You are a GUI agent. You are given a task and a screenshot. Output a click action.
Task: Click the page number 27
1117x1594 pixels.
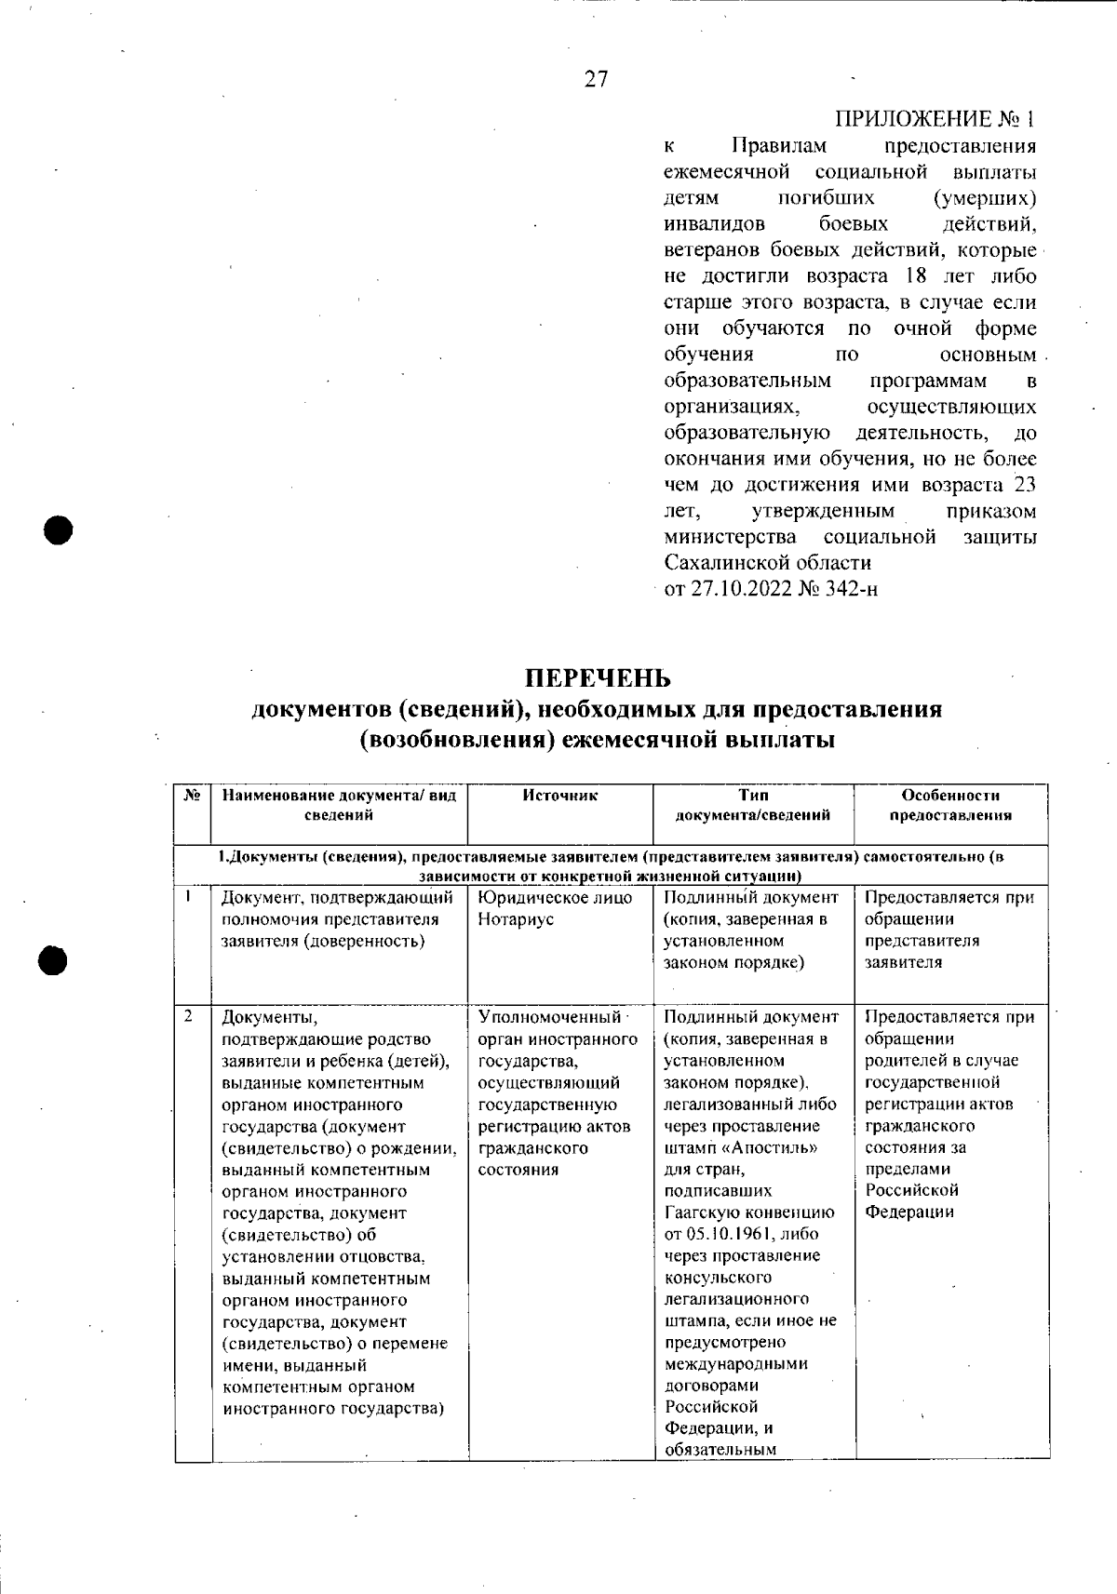click(596, 80)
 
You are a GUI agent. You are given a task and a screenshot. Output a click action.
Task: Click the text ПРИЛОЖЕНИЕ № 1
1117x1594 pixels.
click(935, 119)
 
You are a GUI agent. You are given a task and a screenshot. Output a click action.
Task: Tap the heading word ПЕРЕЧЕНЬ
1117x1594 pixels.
click(597, 676)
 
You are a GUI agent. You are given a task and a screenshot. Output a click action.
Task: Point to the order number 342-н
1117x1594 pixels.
click(850, 589)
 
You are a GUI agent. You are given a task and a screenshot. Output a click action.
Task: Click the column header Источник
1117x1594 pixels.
click(559, 796)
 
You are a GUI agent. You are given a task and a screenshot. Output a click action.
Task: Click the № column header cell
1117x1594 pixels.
click(193, 796)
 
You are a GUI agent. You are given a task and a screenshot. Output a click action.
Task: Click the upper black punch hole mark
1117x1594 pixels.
click(59, 530)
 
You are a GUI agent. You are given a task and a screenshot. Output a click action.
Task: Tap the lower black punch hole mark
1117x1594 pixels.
click(55, 960)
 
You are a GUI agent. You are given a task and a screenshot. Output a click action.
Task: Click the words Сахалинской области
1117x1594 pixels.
click(768, 563)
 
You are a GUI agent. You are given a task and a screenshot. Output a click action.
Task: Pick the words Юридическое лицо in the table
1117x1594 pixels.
click(555, 898)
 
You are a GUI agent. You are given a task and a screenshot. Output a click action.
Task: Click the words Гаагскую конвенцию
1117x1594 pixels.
click(748, 1212)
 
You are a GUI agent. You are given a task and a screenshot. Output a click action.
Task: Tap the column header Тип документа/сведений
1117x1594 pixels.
click(752, 805)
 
